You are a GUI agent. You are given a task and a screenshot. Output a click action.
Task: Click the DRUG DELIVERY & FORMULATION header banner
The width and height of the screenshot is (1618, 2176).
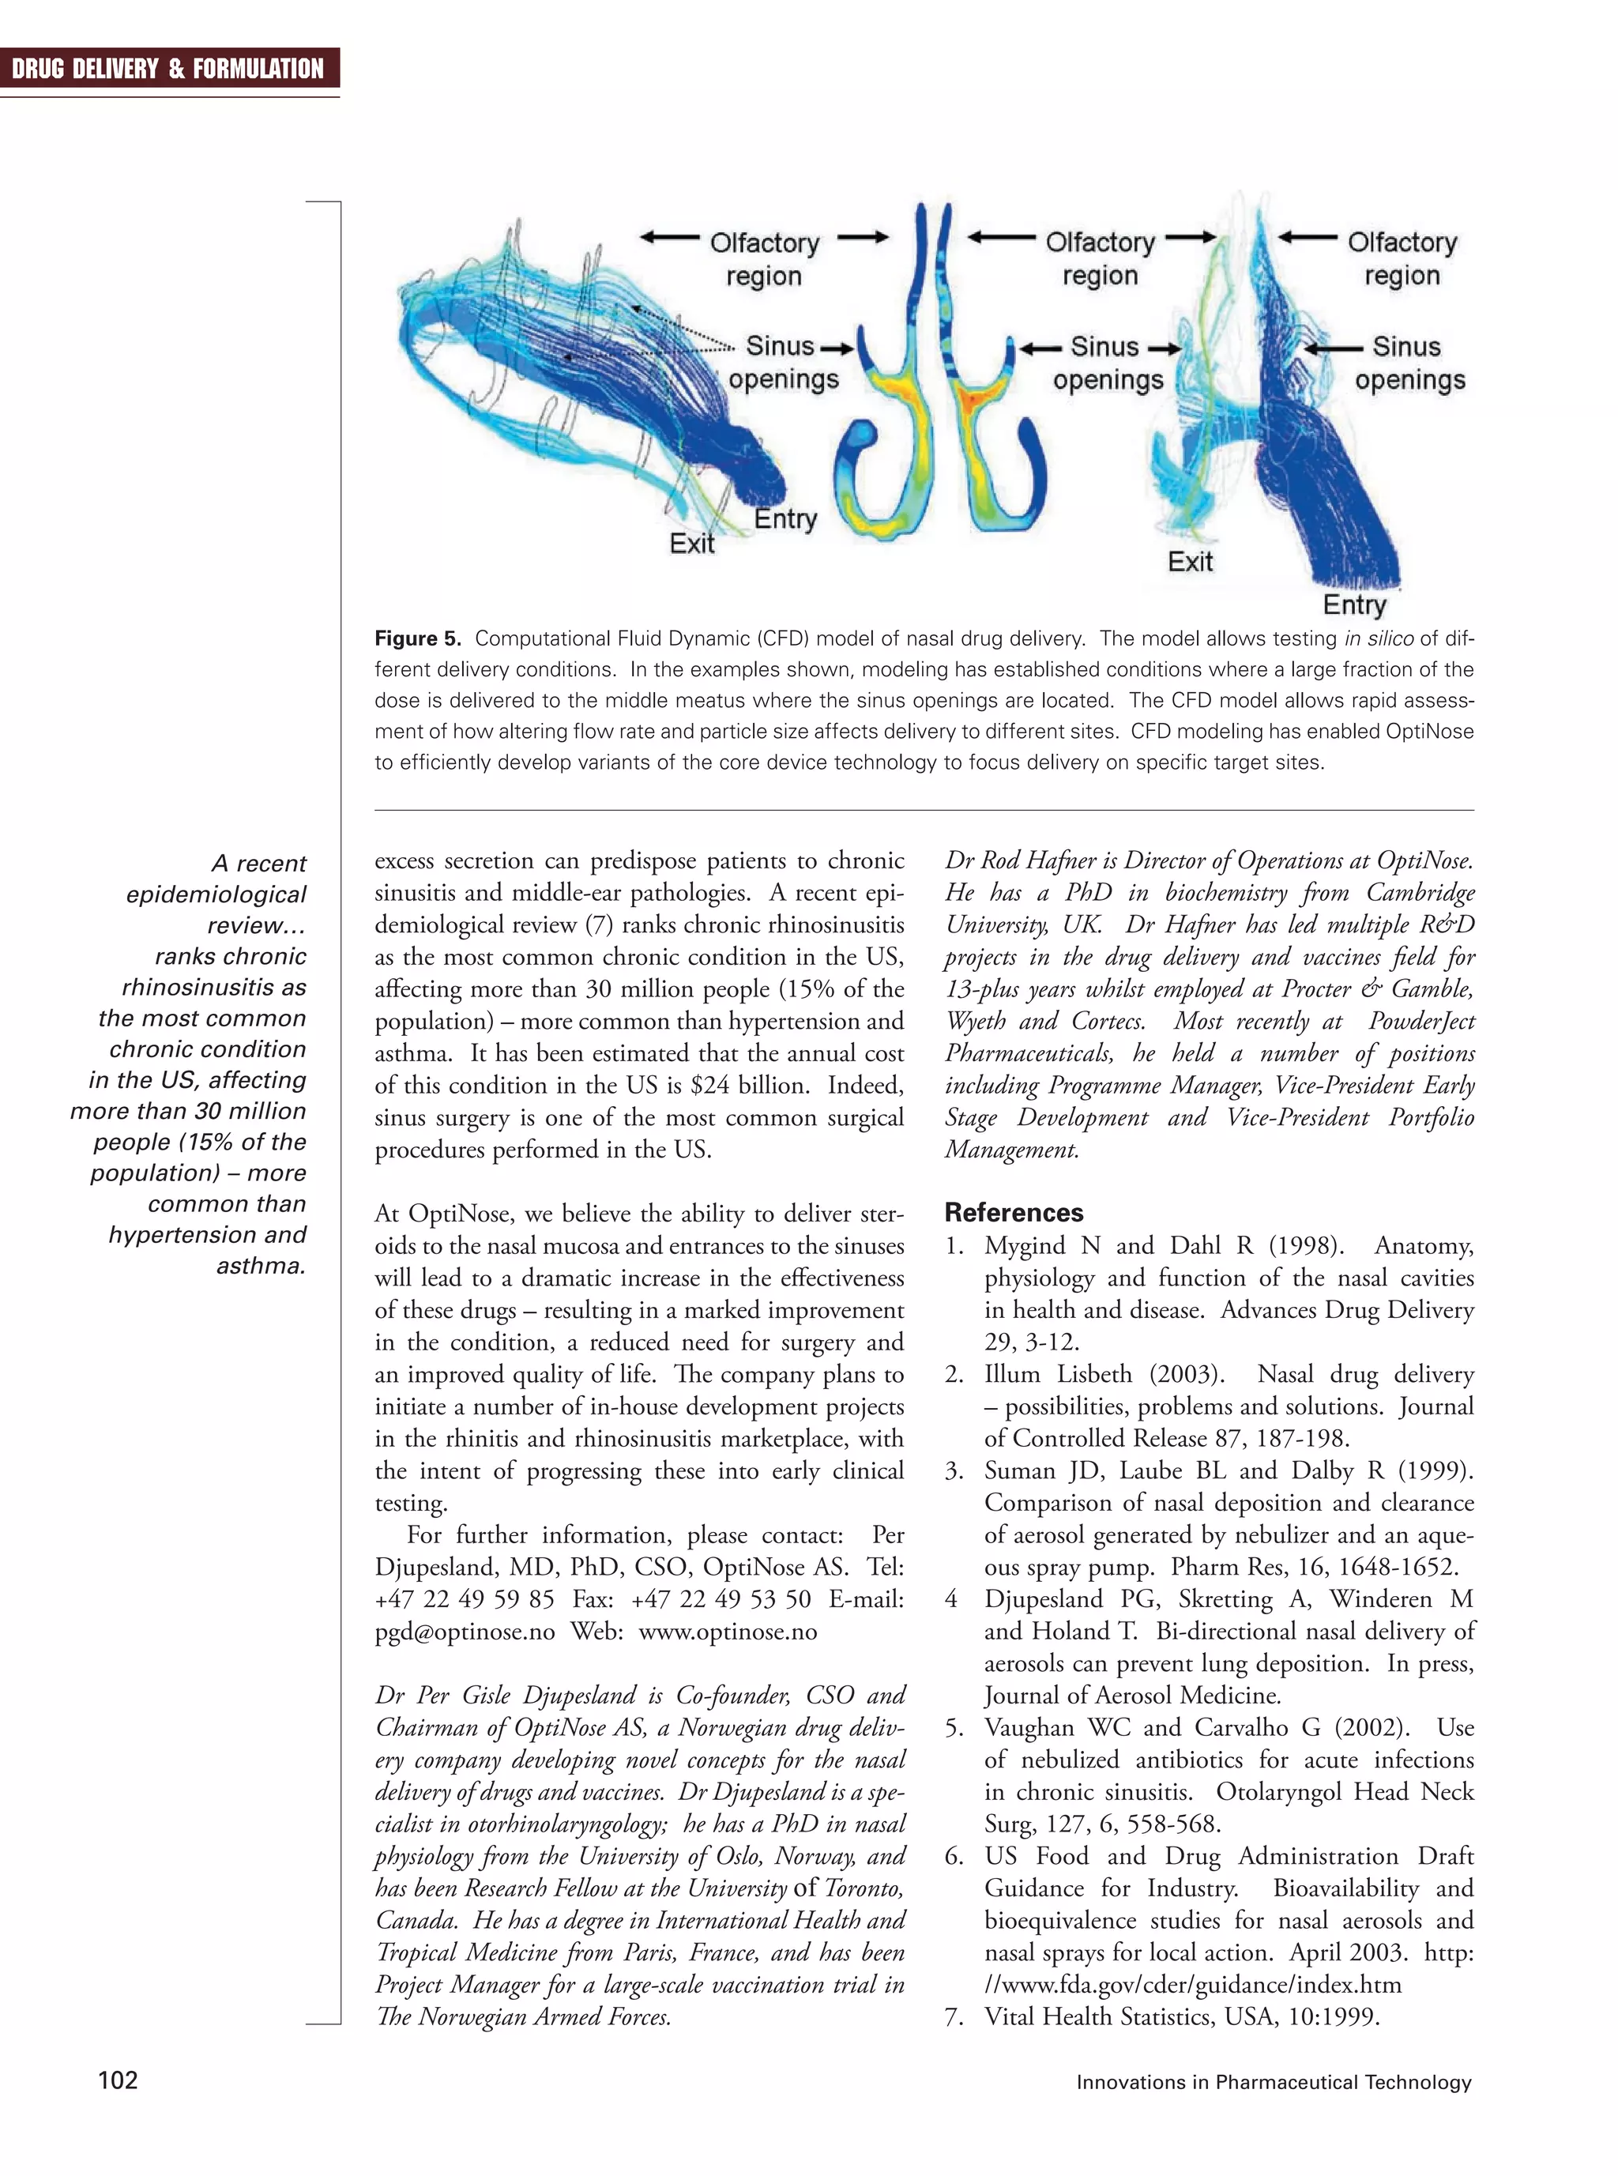pos(168,69)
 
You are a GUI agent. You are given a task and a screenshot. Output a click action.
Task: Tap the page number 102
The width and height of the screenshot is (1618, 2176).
pos(118,2080)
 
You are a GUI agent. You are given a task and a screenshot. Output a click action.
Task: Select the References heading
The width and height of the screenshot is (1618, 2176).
pos(1014,1212)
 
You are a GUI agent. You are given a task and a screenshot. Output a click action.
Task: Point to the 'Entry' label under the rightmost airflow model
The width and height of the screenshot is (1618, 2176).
pos(1355,604)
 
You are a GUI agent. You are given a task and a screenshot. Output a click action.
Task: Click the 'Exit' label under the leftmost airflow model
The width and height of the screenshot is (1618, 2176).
pos(691,544)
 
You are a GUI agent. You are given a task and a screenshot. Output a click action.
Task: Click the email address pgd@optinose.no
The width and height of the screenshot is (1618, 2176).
pos(465,1632)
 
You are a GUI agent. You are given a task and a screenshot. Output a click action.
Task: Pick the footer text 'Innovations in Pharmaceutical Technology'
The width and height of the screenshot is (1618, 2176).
pos(1274,2082)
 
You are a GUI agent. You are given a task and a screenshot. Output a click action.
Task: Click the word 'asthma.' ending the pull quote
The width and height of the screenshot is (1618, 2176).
pos(261,1267)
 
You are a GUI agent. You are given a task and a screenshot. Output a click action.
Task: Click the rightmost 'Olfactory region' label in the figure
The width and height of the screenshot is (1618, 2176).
pos(1402,258)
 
